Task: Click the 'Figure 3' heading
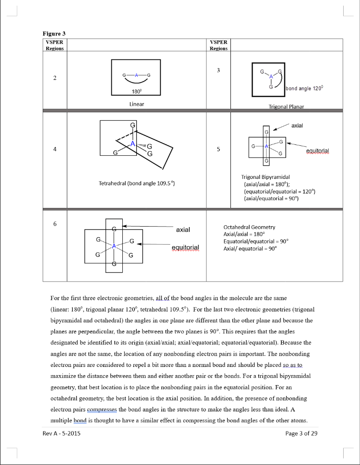point(55,33)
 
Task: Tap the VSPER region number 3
point(218,70)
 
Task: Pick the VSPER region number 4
point(55,151)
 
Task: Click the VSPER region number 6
point(55,224)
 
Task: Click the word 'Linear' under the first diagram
point(136,104)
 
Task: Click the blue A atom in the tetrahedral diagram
point(133,144)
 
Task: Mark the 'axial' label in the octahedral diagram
point(183,230)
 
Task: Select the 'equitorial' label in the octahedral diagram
point(185,247)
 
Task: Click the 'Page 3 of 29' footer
point(301,433)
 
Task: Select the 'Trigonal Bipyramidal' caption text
point(265,177)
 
